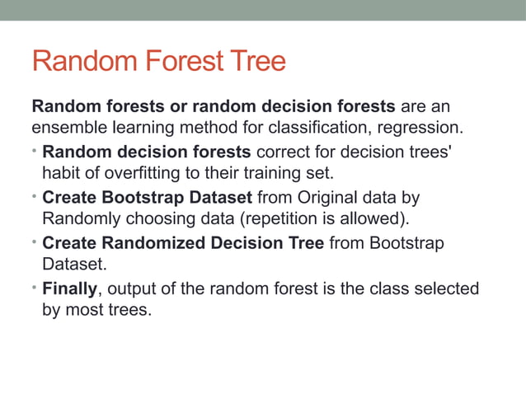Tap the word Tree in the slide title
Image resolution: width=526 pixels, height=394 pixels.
click(258, 61)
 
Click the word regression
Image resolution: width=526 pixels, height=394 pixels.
click(417, 129)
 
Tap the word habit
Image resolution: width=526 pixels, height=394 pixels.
click(59, 173)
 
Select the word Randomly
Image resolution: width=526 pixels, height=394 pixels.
click(80, 219)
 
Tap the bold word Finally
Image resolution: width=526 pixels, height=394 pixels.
click(69, 289)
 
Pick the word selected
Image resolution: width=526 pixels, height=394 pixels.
click(447, 289)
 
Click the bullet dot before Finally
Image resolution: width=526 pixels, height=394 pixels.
click(35, 289)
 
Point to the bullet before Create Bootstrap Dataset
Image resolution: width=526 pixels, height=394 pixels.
click(35, 198)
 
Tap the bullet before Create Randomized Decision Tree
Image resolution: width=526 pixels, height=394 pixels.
click(35, 243)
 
